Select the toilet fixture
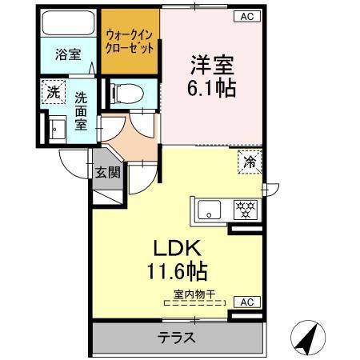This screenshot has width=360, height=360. (124, 94)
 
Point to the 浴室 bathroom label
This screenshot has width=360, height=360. (67, 55)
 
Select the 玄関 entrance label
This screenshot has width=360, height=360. (106, 171)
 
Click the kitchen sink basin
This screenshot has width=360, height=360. (210, 211)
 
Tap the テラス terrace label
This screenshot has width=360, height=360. (175, 338)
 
